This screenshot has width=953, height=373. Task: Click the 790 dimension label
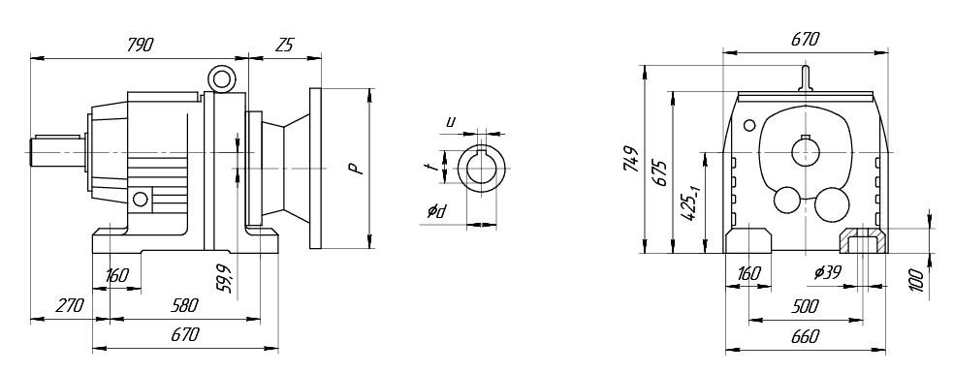pos(140,45)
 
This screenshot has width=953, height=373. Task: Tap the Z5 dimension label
pos(284,45)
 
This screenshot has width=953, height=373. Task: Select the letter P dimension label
pos(358,169)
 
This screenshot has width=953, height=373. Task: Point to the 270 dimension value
pos(69,305)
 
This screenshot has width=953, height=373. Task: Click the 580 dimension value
pos(184,305)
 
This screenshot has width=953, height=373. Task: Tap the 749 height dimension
pos(631,159)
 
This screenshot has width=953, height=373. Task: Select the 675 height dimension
pos(660,173)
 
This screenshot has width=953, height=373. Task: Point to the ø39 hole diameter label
pos(828,273)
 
